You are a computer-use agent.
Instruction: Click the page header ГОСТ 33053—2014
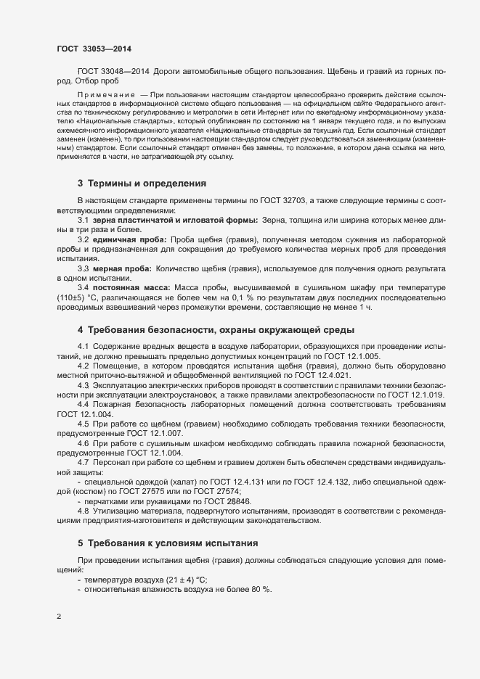click(x=94, y=49)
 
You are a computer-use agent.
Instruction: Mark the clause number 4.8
click(x=83, y=511)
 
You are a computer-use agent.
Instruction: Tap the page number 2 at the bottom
click(x=59, y=617)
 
